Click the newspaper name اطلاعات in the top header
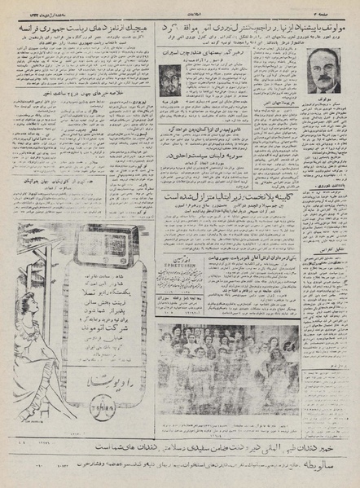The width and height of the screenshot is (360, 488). [x=180, y=7]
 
